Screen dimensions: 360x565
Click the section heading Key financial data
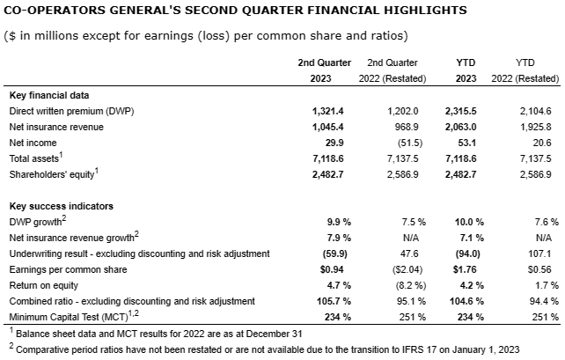click(x=48, y=94)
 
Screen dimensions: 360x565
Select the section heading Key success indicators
click(x=55, y=205)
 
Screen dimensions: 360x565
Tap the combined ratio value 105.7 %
click(x=332, y=300)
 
